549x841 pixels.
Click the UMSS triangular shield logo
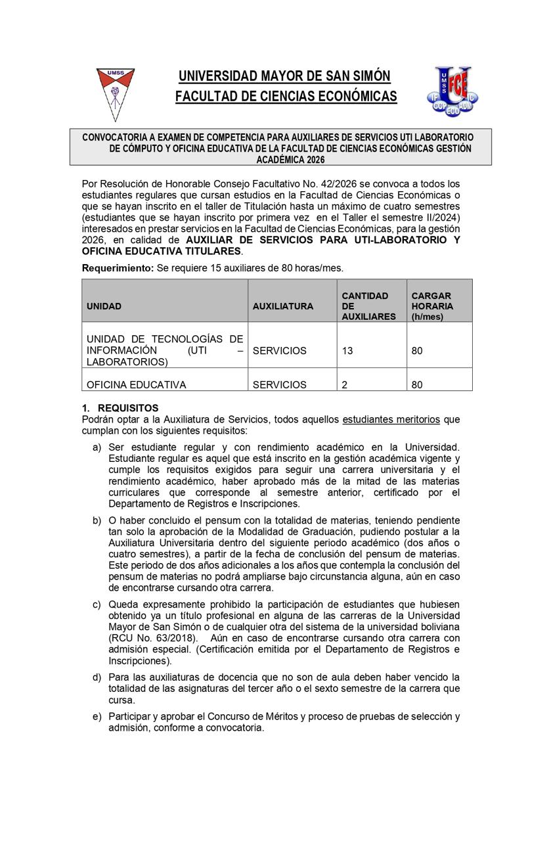pyautogui.click(x=115, y=92)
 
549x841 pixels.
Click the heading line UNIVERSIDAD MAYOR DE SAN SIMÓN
pyautogui.click(x=284, y=76)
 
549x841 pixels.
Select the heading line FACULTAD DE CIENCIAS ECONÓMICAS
pyautogui.click(x=286, y=97)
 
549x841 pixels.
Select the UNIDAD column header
pyautogui.click(x=104, y=306)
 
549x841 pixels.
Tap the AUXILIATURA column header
pyautogui.click(x=282, y=306)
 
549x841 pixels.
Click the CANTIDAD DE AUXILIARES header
pyautogui.click(x=368, y=306)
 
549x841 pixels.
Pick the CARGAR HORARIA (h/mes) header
pyautogui.click(x=432, y=306)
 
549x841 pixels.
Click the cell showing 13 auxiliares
pyautogui.click(x=347, y=351)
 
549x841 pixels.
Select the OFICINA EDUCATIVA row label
pyautogui.click(x=136, y=385)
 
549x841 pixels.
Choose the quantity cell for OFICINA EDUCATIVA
pyautogui.click(x=345, y=385)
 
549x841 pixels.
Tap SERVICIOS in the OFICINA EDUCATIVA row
pyautogui.click(x=279, y=385)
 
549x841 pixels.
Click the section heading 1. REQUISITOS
pyautogui.click(x=120, y=408)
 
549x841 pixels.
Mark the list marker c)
pyautogui.click(x=97, y=604)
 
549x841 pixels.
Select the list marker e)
pyautogui.click(x=97, y=716)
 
